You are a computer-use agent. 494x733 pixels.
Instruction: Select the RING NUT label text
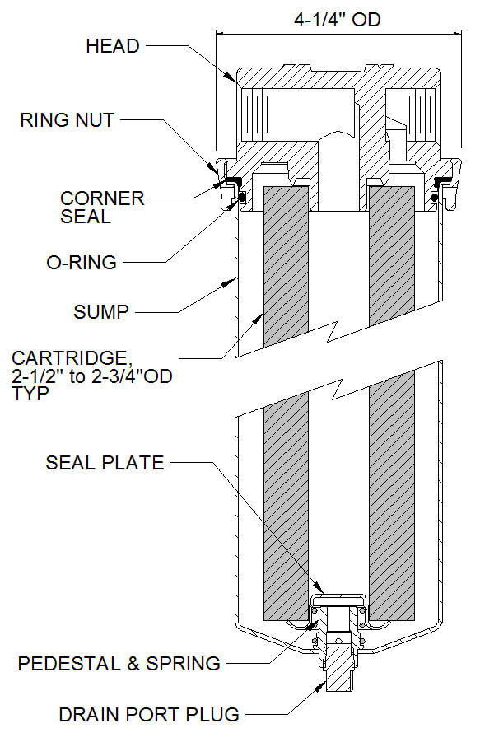pyautogui.click(x=68, y=121)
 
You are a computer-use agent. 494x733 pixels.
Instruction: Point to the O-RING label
pyautogui.click(x=82, y=263)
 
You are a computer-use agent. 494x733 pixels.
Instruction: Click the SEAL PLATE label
pyautogui.click(x=105, y=462)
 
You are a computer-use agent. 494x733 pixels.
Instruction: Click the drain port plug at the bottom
pyautogui.click(x=338, y=667)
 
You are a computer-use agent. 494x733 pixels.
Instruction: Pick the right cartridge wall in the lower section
pyautogui.click(x=391, y=502)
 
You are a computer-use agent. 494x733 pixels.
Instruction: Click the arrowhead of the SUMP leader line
pyautogui.click(x=233, y=281)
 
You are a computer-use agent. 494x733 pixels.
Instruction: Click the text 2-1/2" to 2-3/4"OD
pyautogui.click(x=92, y=377)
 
